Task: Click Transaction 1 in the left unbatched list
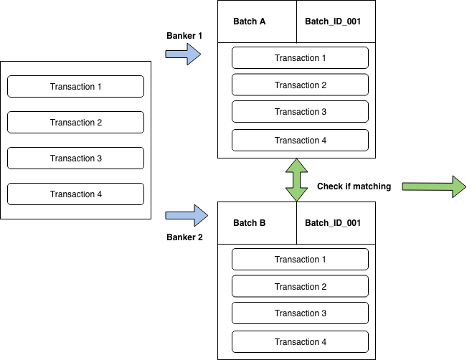tap(75, 87)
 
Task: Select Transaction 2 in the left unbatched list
tap(75, 123)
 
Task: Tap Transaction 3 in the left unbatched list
tap(75, 158)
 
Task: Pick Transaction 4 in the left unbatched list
tap(75, 194)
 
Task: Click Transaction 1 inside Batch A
tap(300, 58)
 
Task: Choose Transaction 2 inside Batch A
tap(300, 85)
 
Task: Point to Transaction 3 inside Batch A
tap(300, 112)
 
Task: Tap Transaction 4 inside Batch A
tap(300, 141)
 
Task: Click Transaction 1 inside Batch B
tap(300, 260)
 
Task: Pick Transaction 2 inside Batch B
tap(300, 287)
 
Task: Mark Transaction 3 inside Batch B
tap(300, 313)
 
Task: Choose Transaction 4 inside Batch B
tap(300, 342)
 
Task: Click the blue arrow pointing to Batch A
tap(183, 54)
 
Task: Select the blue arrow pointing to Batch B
tap(183, 214)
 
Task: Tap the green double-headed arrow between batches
tap(296, 180)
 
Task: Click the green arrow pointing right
tap(433, 186)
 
